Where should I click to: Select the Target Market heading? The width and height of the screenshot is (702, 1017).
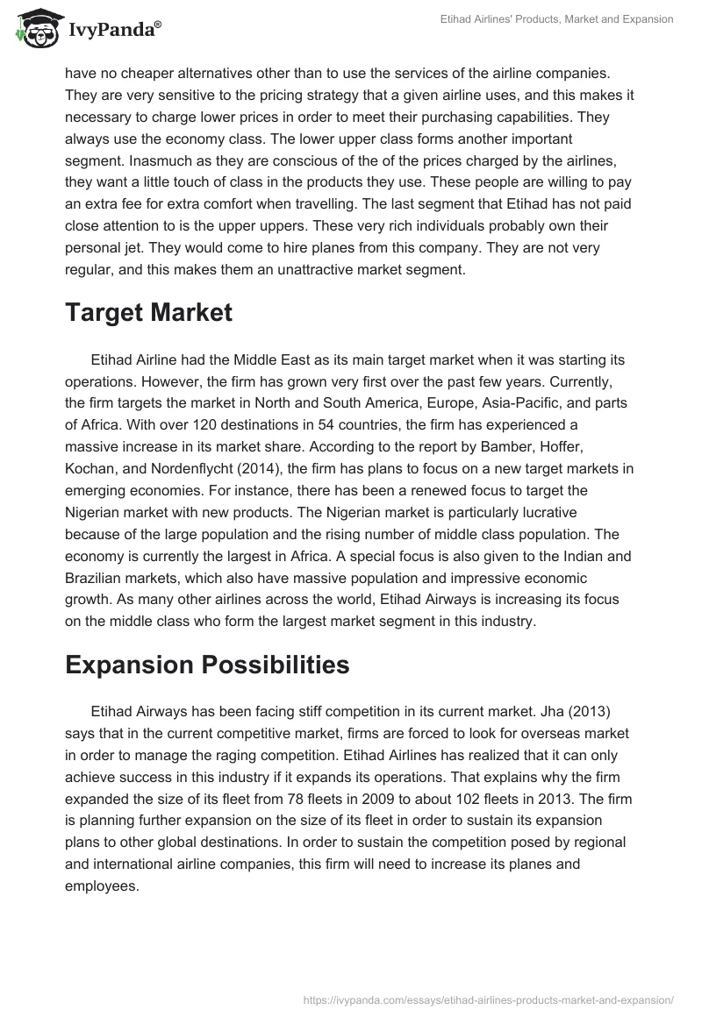pos(148,313)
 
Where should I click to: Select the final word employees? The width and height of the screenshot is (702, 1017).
pos(102,862)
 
